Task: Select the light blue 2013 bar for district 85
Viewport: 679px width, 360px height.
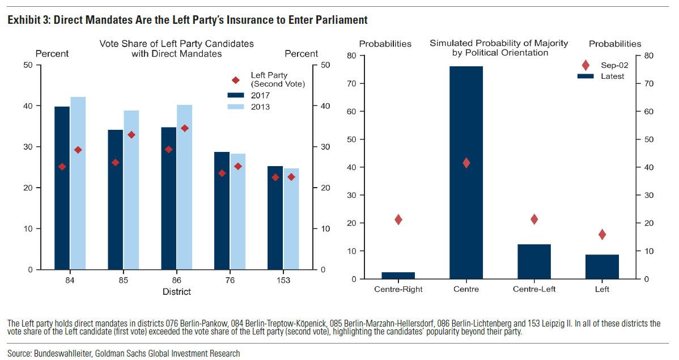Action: (x=131, y=190)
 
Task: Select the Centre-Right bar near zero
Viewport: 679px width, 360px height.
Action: (x=398, y=276)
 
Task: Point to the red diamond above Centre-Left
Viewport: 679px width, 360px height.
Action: (x=534, y=219)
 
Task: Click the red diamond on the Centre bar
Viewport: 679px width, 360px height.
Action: (x=466, y=163)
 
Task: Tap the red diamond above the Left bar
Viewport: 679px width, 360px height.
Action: (x=602, y=234)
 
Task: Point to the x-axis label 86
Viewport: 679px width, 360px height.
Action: (x=176, y=280)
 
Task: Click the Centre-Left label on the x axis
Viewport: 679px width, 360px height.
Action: (x=534, y=289)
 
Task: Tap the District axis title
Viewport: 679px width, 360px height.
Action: (x=176, y=291)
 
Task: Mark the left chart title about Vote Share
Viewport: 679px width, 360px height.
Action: (x=176, y=49)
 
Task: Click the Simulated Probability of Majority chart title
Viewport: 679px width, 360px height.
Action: (x=499, y=48)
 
